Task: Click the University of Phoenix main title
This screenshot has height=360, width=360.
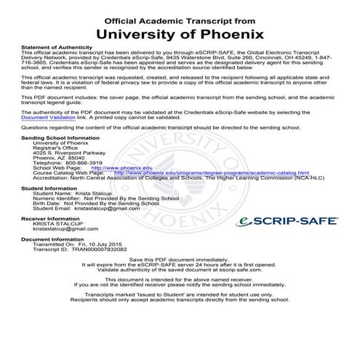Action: point(180,33)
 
